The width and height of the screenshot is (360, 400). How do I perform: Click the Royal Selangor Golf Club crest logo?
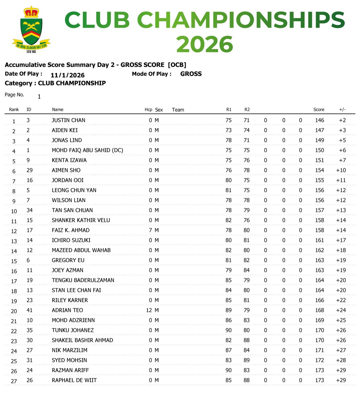[x=31, y=29]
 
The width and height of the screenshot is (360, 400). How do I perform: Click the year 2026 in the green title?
[x=204, y=45]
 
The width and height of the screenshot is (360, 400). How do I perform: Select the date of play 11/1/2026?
[x=68, y=75]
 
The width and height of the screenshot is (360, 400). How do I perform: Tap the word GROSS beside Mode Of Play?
[x=191, y=74]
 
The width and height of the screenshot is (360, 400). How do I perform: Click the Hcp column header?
[x=148, y=110]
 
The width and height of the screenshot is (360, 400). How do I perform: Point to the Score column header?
[x=319, y=110]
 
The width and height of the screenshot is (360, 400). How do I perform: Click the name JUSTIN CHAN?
[x=68, y=120]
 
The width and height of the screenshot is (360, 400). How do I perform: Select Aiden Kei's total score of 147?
[x=319, y=130]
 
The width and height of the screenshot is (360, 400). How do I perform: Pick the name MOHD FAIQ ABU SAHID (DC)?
[x=87, y=150]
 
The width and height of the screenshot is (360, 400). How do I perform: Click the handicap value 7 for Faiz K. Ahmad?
[x=150, y=230]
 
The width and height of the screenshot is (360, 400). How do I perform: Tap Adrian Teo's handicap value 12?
[x=149, y=310]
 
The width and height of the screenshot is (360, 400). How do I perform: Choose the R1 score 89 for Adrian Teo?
[x=229, y=310]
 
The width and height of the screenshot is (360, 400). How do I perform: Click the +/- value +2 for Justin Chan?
[x=342, y=120]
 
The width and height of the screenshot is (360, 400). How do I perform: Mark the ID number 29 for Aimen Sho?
[x=30, y=170]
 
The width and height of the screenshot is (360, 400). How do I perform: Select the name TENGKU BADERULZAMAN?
[x=83, y=280]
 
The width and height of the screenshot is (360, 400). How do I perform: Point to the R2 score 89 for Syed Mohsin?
[x=247, y=360]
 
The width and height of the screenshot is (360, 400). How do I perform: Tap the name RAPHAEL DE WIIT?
[x=74, y=380]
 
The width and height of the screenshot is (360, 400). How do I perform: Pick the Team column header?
[x=178, y=110]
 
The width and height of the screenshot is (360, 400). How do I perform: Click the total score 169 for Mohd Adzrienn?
[x=319, y=320]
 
